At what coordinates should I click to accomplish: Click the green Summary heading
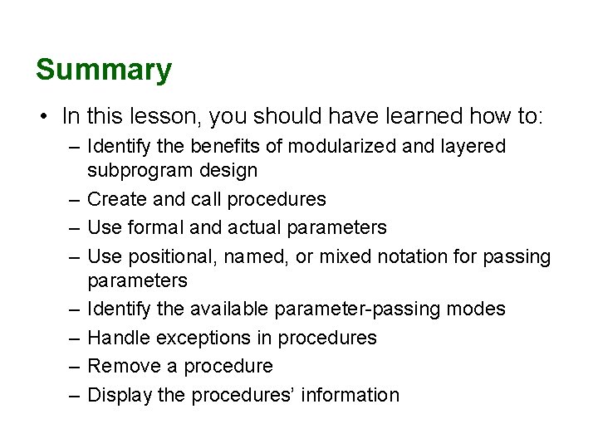pyautogui.click(x=104, y=70)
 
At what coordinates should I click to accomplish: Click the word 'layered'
pyautogui.click(x=474, y=147)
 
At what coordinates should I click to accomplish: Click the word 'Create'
pyautogui.click(x=113, y=200)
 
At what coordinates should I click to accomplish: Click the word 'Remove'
pyautogui.click(x=120, y=367)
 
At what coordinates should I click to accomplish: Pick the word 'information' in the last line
pyautogui.click(x=350, y=395)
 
